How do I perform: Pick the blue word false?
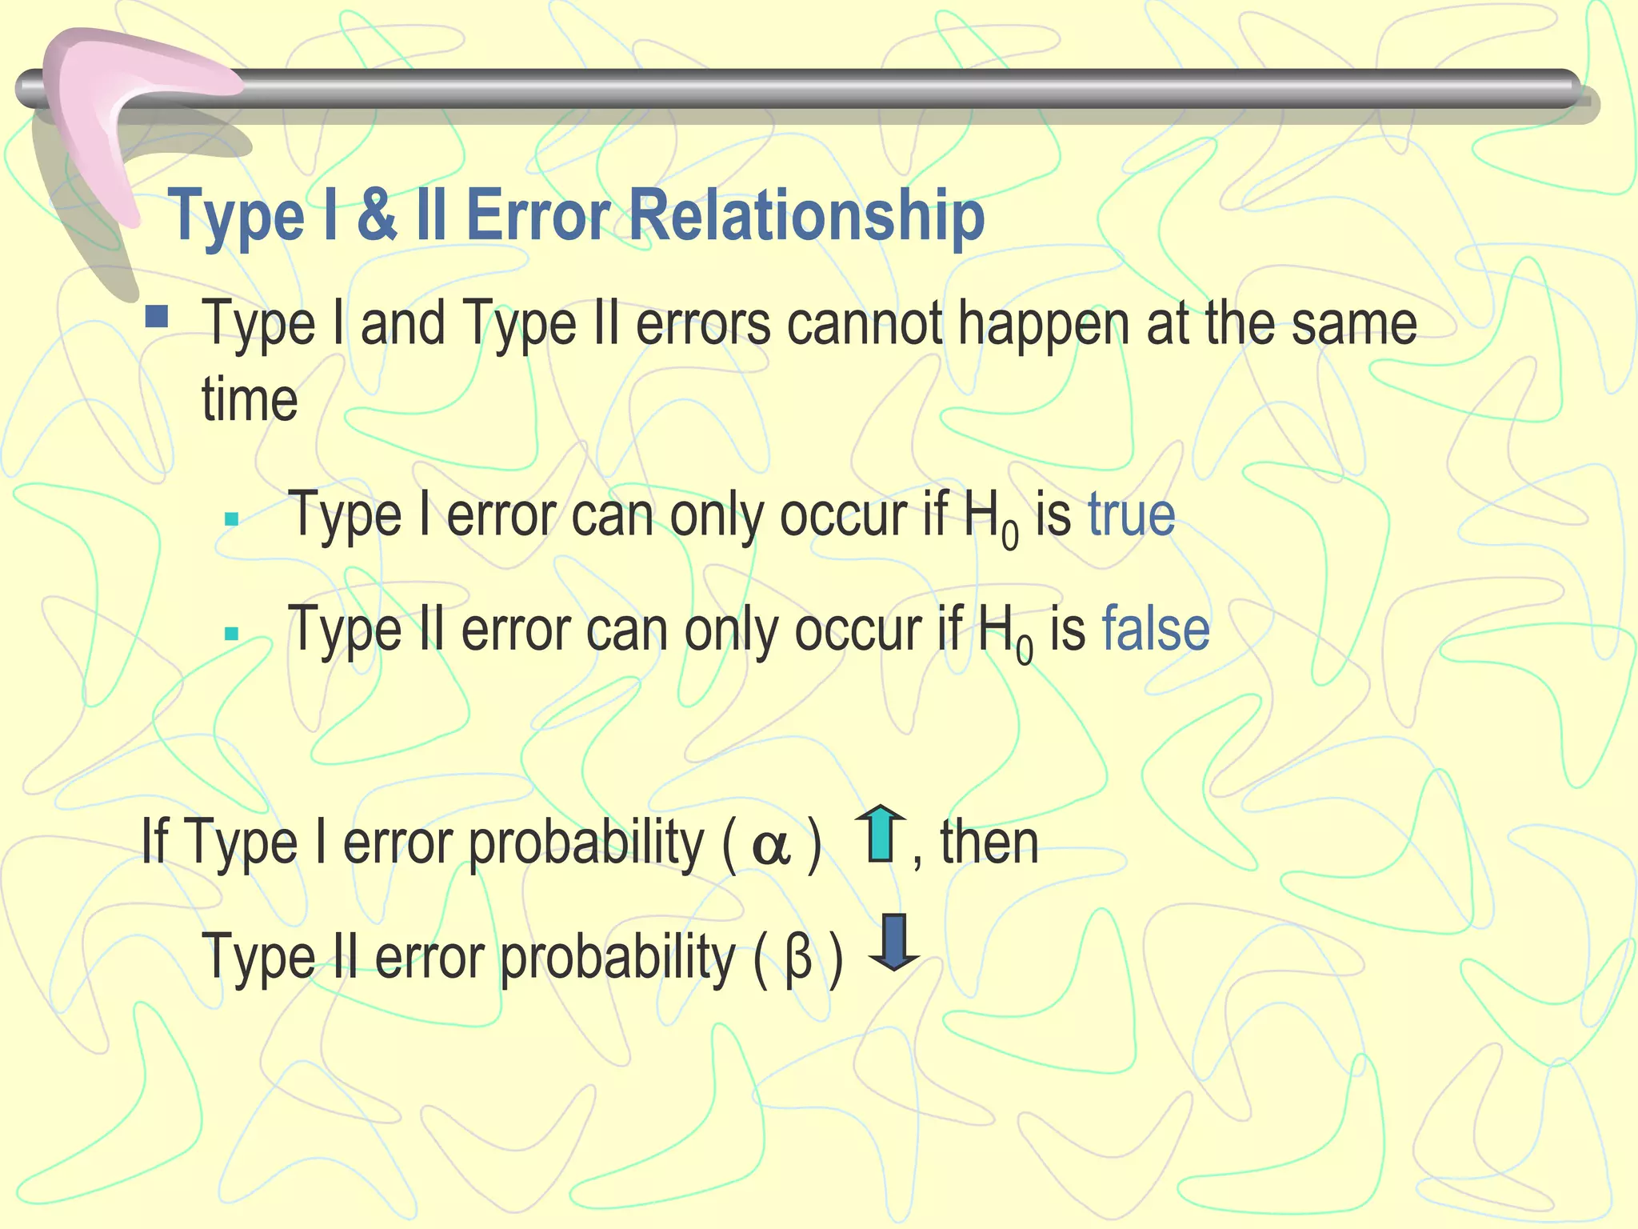[1156, 630]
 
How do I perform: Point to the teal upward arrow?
[880, 834]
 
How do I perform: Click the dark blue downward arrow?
[894, 942]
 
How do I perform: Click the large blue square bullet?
[157, 318]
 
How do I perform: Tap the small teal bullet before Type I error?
[232, 519]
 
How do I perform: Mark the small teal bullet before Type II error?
[232, 635]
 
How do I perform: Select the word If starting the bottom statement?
[154, 842]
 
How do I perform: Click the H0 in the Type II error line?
[1005, 633]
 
